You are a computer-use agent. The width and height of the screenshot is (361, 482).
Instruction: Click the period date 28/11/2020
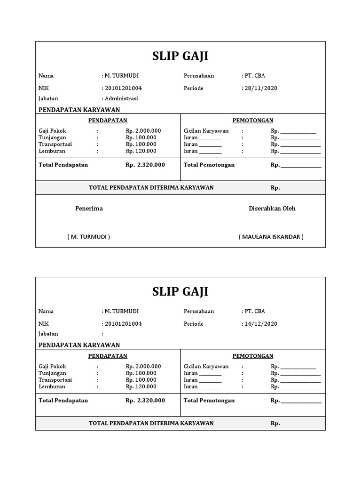[x=260, y=88]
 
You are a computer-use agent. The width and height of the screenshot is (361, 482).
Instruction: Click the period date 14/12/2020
[x=260, y=324]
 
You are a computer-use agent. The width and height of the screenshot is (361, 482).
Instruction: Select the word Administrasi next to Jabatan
[x=121, y=99]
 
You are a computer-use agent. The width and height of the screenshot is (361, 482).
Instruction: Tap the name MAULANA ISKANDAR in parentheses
[x=271, y=237]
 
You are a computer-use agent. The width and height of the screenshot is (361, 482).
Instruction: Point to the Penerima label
[x=89, y=209]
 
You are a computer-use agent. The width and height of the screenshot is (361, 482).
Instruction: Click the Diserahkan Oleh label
[x=272, y=209]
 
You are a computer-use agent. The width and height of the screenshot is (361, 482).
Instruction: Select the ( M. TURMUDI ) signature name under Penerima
[x=88, y=237]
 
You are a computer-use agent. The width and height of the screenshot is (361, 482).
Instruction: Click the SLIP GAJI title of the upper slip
[x=180, y=56]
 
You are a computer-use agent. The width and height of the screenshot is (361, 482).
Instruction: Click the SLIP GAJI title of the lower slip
[x=180, y=292]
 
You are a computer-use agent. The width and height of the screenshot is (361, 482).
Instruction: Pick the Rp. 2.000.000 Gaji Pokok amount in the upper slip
[x=143, y=131]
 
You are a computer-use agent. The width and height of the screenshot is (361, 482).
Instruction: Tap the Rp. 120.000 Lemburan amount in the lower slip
[x=141, y=386]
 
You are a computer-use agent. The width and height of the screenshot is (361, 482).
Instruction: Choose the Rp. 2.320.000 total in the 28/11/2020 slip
[x=145, y=165]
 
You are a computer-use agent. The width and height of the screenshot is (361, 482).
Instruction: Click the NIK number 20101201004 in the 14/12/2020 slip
[x=123, y=324]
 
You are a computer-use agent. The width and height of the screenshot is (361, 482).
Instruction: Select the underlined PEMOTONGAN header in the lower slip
[x=253, y=356]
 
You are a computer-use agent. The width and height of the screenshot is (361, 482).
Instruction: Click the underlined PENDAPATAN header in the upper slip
[x=108, y=120]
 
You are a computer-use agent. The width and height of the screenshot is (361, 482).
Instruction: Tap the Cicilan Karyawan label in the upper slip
[x=206, y=131]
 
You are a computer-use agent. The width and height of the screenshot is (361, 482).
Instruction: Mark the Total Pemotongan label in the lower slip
[x=209, y=401]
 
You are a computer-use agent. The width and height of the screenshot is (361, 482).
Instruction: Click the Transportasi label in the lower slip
[x=55, y=380]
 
